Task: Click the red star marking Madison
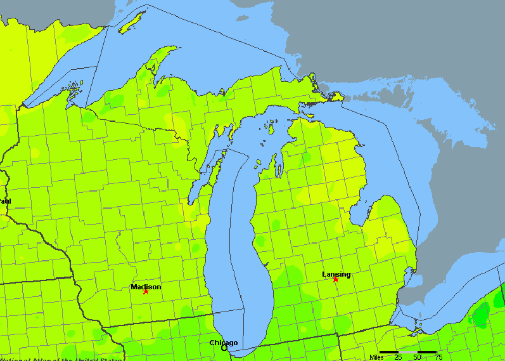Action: point(146,291)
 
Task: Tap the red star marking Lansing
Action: point(335,279)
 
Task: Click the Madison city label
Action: point(146,287)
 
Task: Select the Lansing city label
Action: point(336,274)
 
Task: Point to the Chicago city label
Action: point(224,343)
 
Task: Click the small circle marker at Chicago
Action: point(224,348)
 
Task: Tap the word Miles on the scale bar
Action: point(376,357)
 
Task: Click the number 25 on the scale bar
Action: point(398,357)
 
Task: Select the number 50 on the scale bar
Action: point(417,357)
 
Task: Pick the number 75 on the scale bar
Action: point(437,357)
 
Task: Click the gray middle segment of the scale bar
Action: point(407,351)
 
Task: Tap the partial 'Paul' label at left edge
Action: point(5,201)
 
